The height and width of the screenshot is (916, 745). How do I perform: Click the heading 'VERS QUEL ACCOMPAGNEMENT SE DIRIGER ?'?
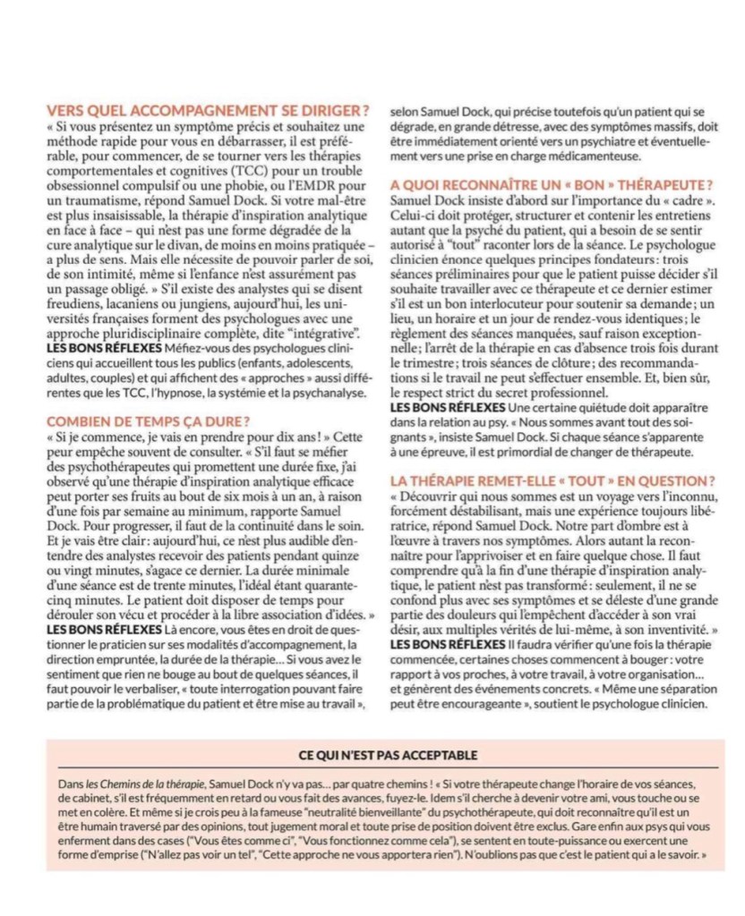(x=207, y=111)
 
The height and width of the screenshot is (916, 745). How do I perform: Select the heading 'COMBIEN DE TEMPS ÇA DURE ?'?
(x=148, y=420)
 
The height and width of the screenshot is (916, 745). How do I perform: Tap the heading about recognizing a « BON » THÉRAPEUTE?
(x=552, y=183)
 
